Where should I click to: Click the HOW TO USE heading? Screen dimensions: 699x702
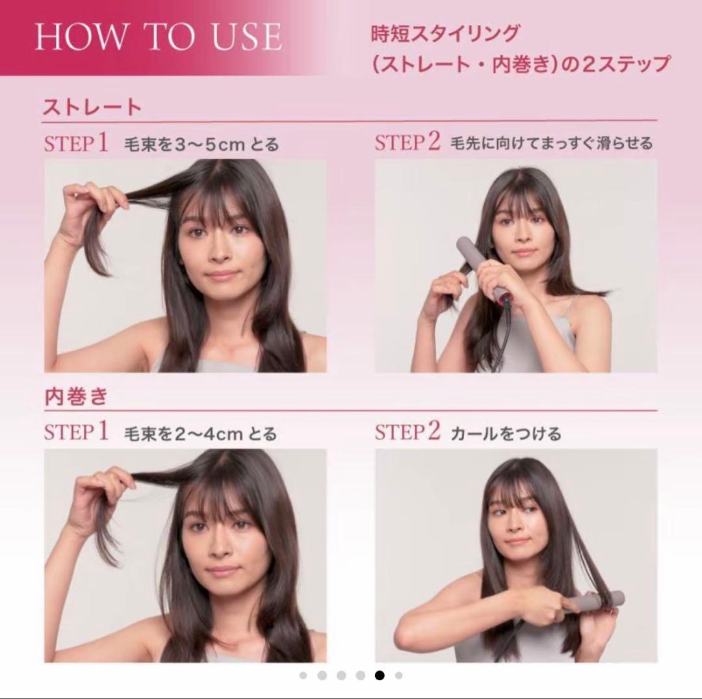(158, 37)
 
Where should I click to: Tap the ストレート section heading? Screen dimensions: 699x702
(92, 107)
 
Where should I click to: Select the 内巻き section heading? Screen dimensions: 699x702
(75, 397)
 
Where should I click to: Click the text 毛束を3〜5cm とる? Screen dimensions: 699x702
(201, 144)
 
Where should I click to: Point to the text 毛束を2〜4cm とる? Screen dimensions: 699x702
(200, 433)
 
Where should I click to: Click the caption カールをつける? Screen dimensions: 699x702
(506, 433)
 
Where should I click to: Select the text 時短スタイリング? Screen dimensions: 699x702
(445, 33)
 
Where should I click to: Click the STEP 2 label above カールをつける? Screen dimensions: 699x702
(408, 432)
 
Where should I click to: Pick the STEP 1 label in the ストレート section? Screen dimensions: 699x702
(76, 143)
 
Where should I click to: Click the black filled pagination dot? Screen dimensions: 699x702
(380, 675)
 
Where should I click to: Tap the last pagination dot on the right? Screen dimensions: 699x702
(398, 675)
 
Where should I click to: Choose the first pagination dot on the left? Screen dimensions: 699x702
(303, 675)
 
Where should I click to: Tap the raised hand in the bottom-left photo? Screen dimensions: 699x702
(97, 494)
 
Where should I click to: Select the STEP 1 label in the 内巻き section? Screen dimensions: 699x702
(76, 432)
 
